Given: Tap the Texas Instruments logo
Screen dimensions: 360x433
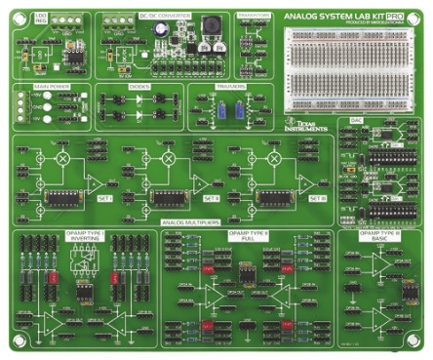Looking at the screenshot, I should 310,125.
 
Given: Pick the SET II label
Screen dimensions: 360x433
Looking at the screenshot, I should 212,197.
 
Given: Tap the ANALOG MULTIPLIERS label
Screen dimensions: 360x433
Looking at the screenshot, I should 191,220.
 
